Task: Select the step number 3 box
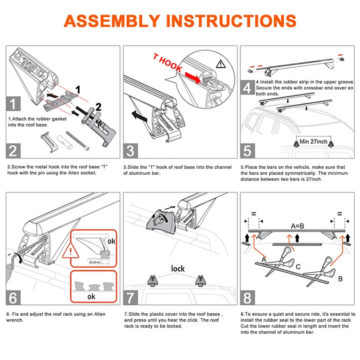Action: click(131, 150)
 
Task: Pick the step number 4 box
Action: click(247, 88)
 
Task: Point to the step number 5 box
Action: click(247, 150)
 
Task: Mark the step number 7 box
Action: click(131, 298)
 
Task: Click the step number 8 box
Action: click(247, 298)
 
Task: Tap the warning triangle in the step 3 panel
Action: click(220, 63)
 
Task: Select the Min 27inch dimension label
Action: click(313, 142)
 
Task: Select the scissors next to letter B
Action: click(322, 266)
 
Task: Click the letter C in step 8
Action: click(298, 266)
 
